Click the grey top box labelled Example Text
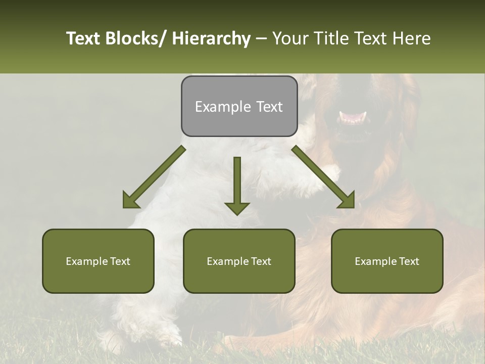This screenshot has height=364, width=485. coord(239,106)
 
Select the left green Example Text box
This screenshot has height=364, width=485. coord(98,261)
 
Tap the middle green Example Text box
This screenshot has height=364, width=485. coord(239,261)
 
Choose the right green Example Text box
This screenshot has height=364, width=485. coord(387,261)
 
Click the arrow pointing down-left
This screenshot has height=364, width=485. coord(154,177)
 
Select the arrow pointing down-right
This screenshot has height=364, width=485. coord(323,177)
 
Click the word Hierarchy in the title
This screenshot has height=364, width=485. coord(211,38)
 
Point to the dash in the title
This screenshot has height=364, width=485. coord(261,38)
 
